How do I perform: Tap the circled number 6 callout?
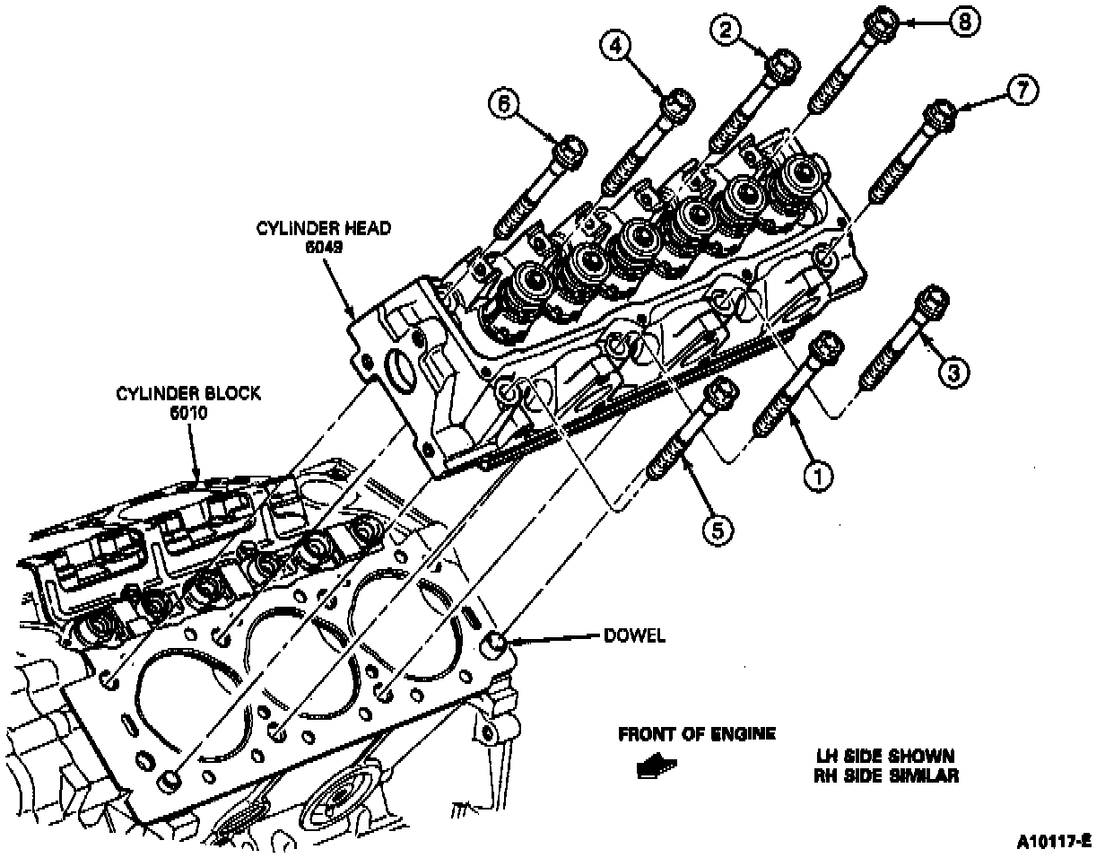tap(503, 104)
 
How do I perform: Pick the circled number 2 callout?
tap(724, 31)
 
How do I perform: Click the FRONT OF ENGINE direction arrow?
tap(657, 766)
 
